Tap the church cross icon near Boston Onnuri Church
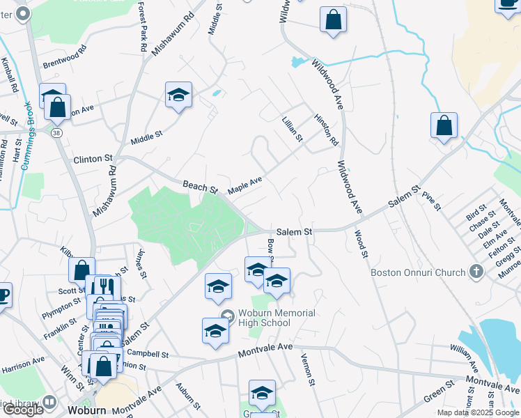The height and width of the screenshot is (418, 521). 476,271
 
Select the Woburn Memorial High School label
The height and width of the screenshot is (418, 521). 277,318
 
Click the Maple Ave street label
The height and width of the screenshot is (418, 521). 245,185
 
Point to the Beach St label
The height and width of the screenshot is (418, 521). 201,187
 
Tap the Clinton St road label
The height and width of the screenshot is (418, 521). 93,160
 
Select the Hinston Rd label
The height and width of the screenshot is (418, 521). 326,130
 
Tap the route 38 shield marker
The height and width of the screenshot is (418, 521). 56,131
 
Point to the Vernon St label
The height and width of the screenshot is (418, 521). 305,365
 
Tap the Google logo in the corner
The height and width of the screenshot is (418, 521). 22,410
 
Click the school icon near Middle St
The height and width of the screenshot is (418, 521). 178,97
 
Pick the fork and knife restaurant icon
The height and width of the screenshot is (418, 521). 104,286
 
